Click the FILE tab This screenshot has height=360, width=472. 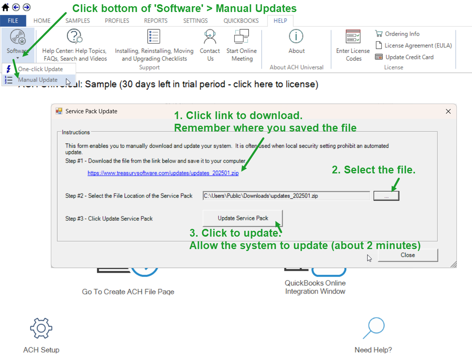click(x=13, y=21)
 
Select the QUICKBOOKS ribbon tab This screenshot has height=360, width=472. click(x=241, y=21)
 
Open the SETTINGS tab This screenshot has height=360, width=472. click(x=195, y=21)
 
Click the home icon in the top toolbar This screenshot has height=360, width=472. click(x=5, y=7)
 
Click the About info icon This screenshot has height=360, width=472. click(x=296, y=36)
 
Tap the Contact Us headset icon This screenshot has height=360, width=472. click(x=210, y=36)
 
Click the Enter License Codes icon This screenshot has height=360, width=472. click(x=353, y=36)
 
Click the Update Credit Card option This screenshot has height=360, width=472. click(x=404, y=57)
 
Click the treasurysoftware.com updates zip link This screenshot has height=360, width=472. click(x=163, y=173)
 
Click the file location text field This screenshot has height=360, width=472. click(x=286, y=196)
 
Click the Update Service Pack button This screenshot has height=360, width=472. click(x=243, y=218)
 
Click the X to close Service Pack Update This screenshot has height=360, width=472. click(x=448, y=111)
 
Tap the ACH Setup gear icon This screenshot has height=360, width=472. click(x=41, y=328)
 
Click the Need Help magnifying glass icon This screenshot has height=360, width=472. click(x=374, y=328)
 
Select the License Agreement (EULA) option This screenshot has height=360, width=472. click(x=413, y=45)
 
